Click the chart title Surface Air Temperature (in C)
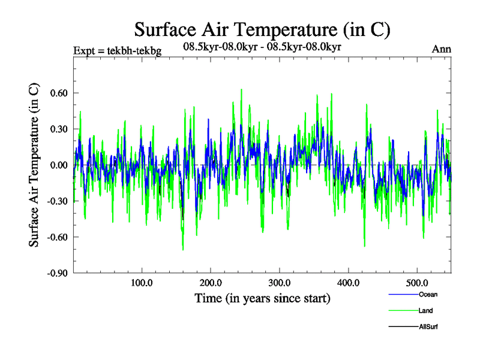click(x=262, y=29)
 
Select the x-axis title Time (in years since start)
click(x=262, y=298)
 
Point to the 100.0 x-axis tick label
click(x=141, y=283)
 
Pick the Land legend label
click(x=425, y=311)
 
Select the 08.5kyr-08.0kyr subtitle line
click(x=262, y=46)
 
